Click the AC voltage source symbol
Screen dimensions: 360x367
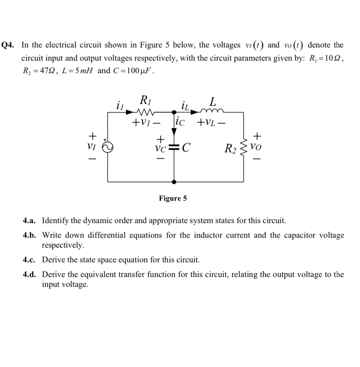click(108, 147)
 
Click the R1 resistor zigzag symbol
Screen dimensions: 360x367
click(141, 111)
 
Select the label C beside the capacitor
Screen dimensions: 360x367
click(186, 148)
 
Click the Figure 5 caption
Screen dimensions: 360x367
click(173, 198)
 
